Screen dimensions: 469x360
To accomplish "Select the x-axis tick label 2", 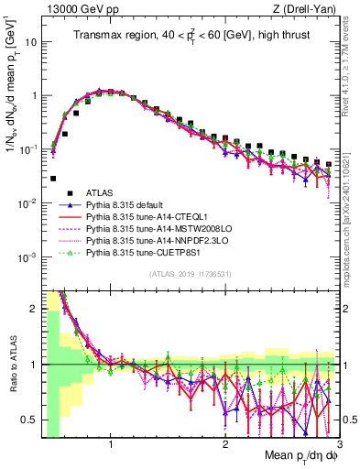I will coord(225,446).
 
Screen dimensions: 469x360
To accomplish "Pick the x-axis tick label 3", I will coord(339,446).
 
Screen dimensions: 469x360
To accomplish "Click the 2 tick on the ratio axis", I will coord(33,309).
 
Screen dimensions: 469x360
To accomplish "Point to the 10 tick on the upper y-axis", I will coord(30,42).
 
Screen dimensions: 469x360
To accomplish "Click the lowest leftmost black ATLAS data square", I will coord(54,179).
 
